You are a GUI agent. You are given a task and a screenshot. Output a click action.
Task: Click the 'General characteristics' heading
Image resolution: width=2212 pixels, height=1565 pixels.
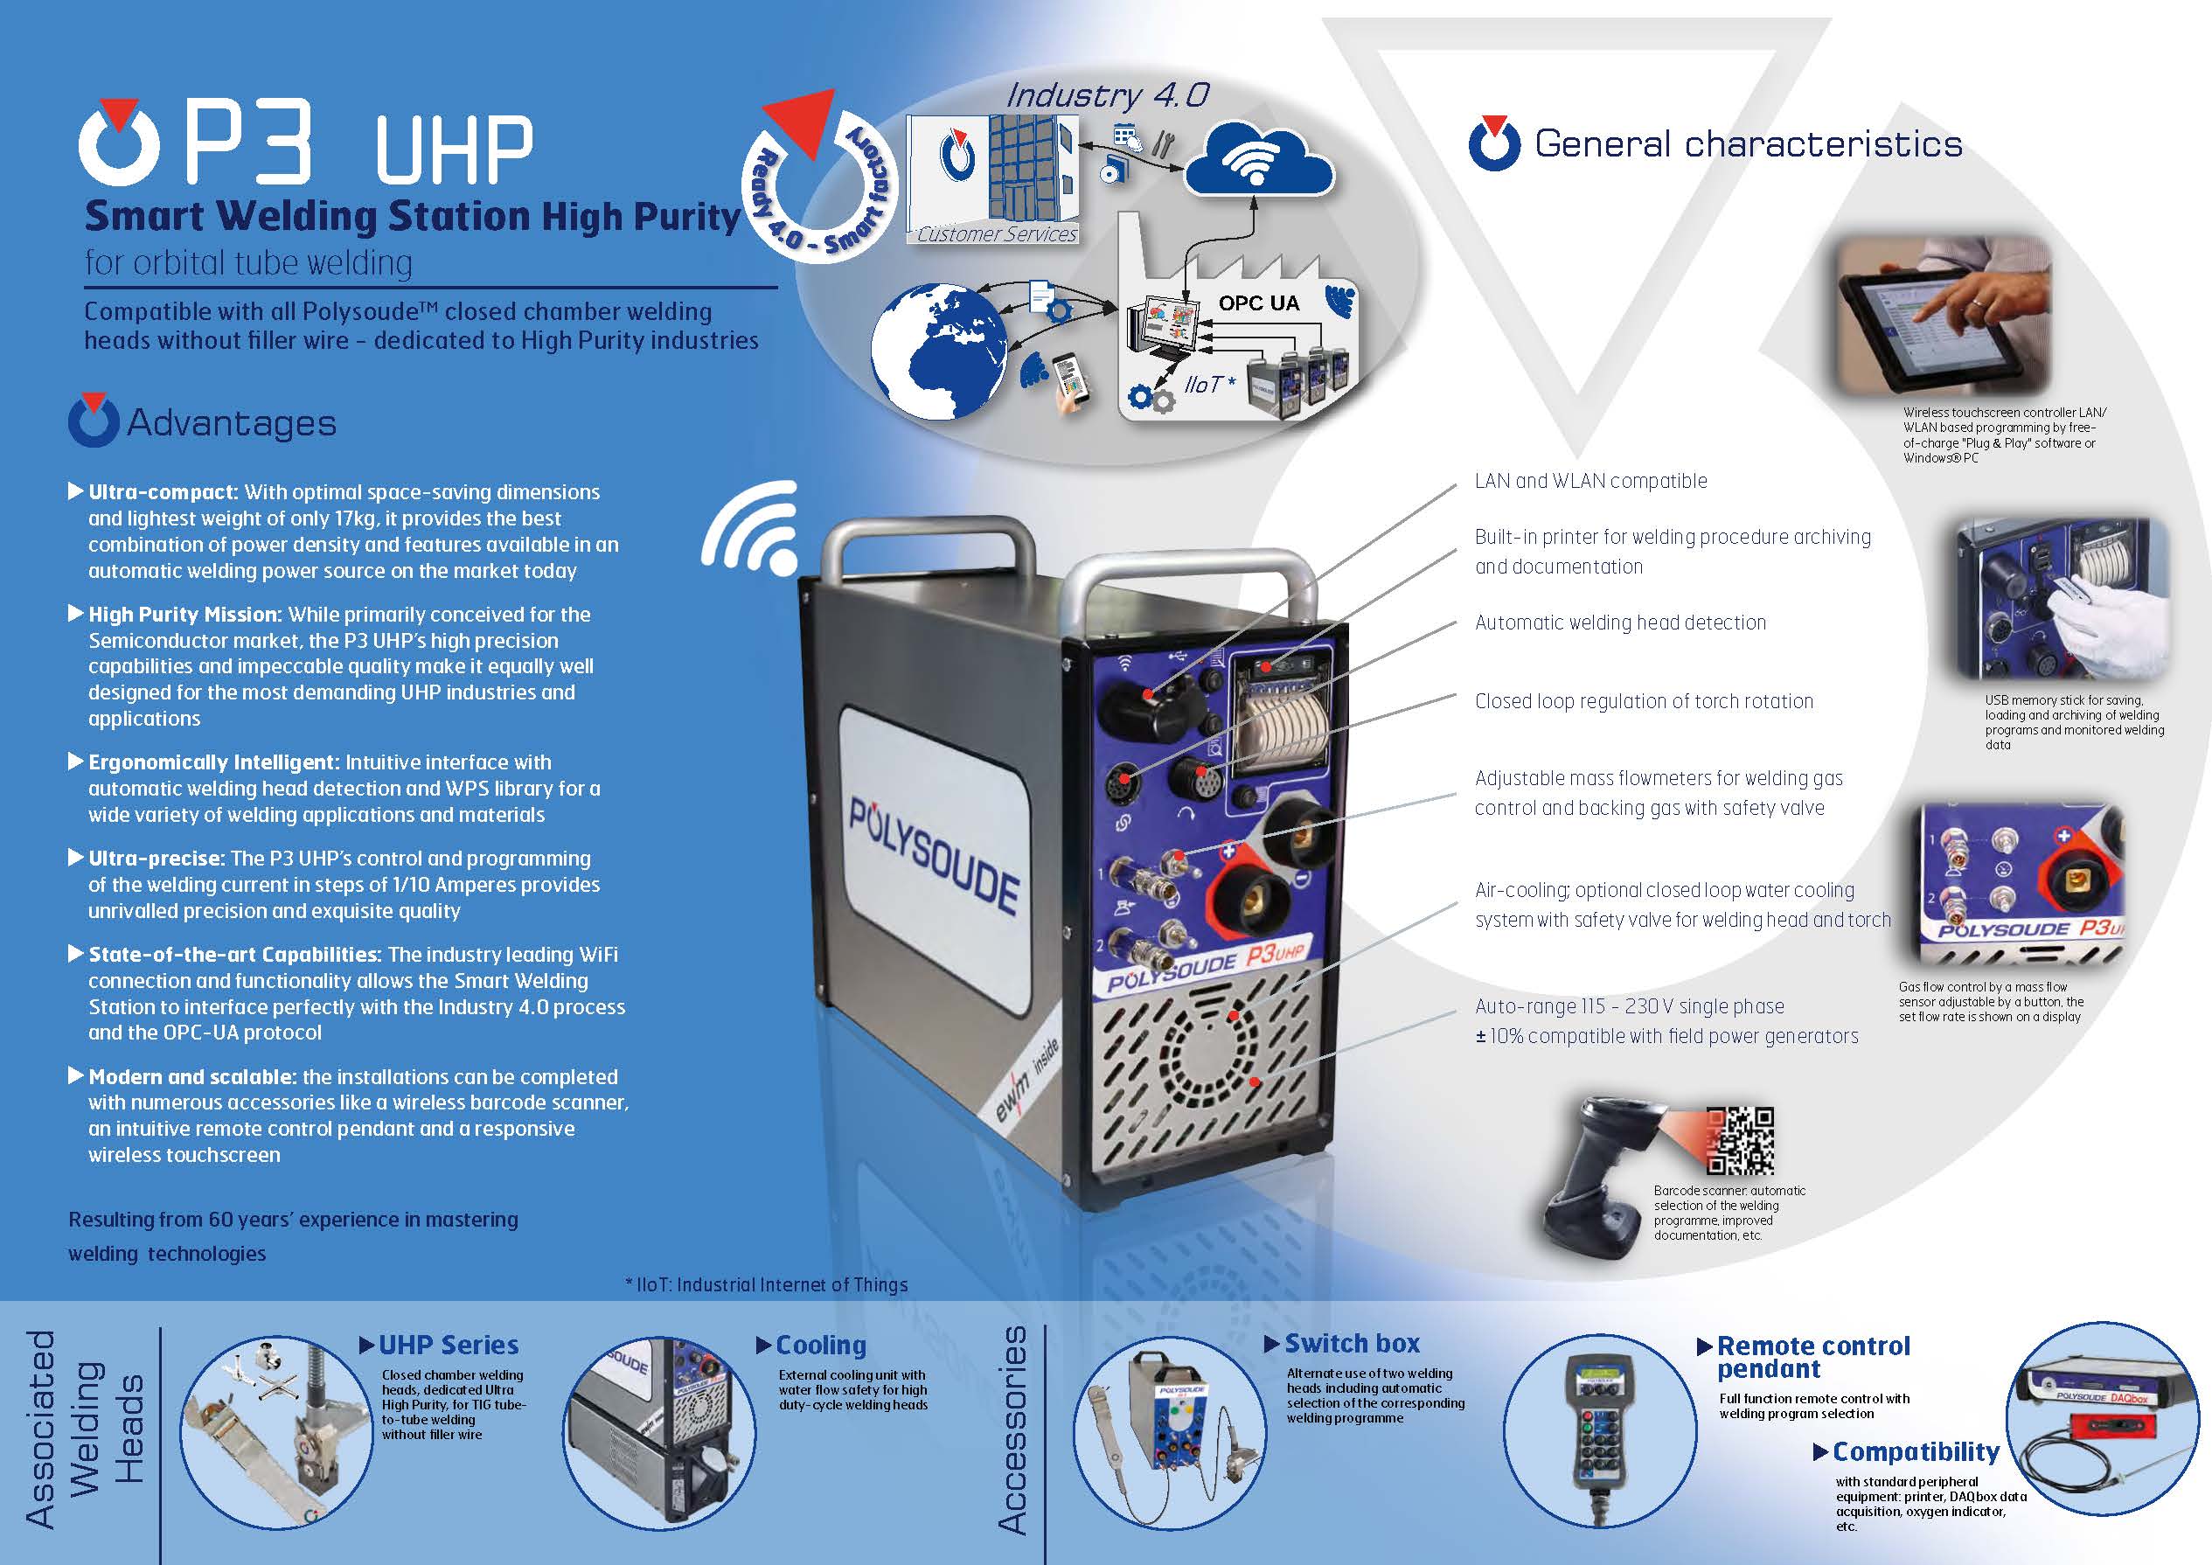pos(1748,144)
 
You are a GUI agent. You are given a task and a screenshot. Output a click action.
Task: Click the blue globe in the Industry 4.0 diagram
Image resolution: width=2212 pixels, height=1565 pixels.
pos(938,351)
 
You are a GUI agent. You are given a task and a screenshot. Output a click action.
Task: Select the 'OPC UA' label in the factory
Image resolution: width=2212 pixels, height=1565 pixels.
pos(1258,303)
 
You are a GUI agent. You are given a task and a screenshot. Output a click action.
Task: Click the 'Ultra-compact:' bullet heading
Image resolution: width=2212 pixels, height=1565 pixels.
pos(163,492)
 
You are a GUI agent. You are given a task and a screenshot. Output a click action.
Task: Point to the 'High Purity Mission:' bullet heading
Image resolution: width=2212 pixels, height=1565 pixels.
pos(185,615)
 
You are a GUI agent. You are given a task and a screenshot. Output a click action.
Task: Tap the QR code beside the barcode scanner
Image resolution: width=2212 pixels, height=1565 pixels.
pos(1740,1141)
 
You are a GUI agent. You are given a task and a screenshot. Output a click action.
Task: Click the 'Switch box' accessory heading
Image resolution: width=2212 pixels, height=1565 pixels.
pos(1352,1343)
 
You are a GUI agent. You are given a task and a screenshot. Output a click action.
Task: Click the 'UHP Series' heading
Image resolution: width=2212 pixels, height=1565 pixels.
pos(448,1346)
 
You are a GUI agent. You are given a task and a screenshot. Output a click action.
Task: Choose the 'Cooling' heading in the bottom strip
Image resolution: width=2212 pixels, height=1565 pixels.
pos(821,1346)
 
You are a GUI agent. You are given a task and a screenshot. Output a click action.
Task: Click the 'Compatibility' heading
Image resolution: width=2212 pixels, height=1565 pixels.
pos(1916,1451)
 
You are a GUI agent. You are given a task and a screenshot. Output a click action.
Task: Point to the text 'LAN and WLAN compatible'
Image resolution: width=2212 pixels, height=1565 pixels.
pos(1590,481)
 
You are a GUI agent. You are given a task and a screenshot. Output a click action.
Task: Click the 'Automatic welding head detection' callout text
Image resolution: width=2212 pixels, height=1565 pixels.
pos(1620,623)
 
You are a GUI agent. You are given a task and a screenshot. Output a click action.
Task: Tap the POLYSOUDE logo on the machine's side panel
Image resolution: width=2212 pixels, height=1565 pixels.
pos(933,857)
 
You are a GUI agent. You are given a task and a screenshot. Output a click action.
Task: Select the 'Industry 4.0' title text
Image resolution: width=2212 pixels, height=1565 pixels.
pos(1107,94)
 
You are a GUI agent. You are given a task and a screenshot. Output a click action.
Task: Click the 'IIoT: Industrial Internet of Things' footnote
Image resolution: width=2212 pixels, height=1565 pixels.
pos(767,1284)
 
